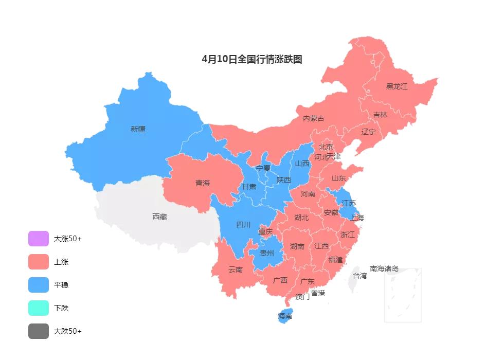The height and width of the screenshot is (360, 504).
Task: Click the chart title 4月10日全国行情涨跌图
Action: tap(252, 59)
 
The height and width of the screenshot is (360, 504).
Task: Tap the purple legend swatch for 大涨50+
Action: tap(39, 239)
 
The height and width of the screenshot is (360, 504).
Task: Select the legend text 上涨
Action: tap(61, 262)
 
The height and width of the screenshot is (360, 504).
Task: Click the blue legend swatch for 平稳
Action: tap(39, 285)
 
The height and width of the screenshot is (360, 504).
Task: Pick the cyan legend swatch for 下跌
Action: tap(39, 308)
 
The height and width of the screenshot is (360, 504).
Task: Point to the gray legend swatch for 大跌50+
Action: tap(39, 331)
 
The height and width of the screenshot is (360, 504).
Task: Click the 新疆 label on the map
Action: tap(138, 129)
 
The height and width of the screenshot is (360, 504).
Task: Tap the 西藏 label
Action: tap(159, 217)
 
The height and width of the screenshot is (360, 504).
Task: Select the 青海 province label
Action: tap(203, 183)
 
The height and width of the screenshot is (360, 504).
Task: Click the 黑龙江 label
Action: tap(397, 86)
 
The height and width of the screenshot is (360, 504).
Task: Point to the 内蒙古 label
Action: tap(314, 118)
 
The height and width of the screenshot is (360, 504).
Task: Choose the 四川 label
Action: tap(243, 224)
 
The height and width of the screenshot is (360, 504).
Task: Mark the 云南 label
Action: tap(236, 269)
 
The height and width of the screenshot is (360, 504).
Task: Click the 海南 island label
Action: tap(285, 316)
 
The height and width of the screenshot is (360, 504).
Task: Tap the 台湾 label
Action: tap(360, 276)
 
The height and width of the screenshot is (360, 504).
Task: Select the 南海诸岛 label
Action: tap(384, 268)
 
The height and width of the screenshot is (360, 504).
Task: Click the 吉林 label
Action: tap(380, 115)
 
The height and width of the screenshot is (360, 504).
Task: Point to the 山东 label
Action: tap(338, 178)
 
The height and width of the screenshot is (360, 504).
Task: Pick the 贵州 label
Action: tap(267, 253)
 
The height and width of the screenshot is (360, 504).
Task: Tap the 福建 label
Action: tap(335, 260)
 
